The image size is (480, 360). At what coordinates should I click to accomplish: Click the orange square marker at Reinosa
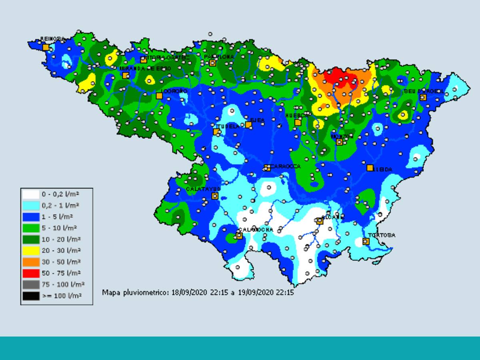pos(46,47)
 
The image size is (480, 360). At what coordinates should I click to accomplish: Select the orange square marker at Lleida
pos(370,168)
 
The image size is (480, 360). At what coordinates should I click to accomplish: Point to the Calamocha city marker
pos(239,236)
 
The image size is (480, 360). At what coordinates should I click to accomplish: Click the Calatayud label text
pos(203,189)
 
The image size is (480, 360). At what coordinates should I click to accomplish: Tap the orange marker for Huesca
pos(298,122)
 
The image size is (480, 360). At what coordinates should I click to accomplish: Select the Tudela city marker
pos(216,132)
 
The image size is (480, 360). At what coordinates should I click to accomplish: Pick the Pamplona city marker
pos(212,63)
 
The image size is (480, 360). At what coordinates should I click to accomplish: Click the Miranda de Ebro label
pos(145,68)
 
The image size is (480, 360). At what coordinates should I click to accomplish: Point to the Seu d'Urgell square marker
pos(423,97)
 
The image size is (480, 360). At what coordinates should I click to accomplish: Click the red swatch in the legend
pos(31,274)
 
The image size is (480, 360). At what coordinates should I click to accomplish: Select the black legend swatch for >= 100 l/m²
pos(31,296)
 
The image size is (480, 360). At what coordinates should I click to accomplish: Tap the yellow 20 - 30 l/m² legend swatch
pos(31,251)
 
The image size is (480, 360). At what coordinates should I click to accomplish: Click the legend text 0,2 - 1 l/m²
pos(60,206)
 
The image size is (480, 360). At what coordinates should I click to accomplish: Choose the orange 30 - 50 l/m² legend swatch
pos(31,262)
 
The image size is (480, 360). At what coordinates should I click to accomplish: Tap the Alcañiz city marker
pos(320,221)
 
